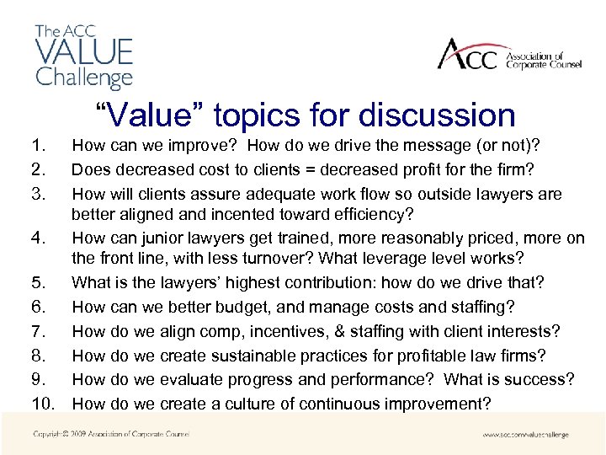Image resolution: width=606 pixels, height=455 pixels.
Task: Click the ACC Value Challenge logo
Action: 83,57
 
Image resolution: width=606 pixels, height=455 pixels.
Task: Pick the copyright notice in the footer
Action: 111,435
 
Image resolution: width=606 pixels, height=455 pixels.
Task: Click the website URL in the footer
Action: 525,435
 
